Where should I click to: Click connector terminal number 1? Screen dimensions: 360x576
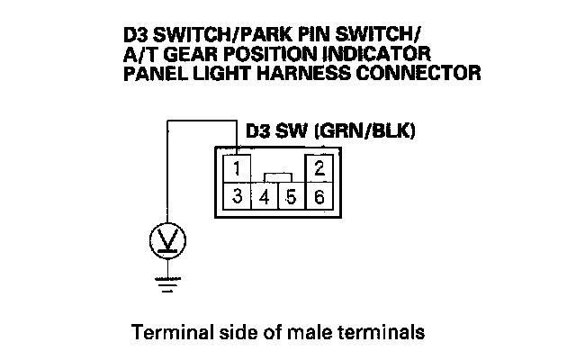coord(236,169)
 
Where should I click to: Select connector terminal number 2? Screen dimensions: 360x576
coord(320,168)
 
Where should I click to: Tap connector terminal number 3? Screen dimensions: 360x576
coord(236,195)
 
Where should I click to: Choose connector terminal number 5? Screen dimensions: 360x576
coord(291,196)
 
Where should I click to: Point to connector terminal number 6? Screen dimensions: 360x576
coord(320,195)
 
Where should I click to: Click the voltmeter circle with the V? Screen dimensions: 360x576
coord(166,240)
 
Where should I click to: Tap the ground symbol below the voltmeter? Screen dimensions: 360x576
coord(166,283)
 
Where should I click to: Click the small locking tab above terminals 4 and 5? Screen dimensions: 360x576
coord(278,176)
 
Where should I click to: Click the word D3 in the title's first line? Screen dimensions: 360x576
coord(136,37)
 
